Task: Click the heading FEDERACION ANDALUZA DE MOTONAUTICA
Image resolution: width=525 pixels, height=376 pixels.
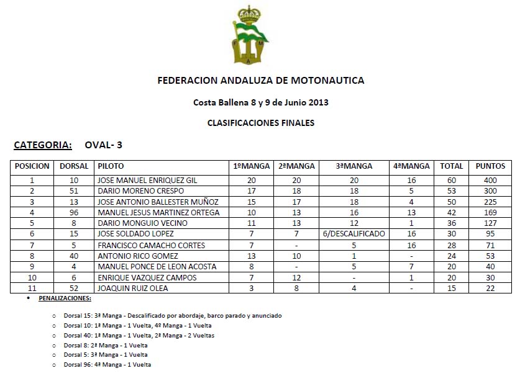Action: click(261, 81)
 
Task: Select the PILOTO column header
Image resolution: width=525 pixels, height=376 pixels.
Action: click(111, 166)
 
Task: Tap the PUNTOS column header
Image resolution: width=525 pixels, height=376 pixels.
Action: click(490, 166)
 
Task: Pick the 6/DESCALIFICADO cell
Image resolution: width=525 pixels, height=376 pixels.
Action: click(354, 234)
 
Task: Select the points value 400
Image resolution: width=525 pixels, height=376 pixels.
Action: click(490, 181)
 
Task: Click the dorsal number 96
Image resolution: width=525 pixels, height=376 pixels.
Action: click(74, 213)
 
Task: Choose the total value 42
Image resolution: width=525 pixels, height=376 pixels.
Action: click(452, 213)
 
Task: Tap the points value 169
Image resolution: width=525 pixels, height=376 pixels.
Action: click(490, 213)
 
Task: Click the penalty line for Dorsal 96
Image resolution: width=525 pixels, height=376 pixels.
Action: click(107, 365)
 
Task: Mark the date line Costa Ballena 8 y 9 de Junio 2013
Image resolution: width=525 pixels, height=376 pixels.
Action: click(261, 102)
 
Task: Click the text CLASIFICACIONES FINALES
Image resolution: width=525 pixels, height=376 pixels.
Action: click(261, 123)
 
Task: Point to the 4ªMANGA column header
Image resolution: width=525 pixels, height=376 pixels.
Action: click(411, 166)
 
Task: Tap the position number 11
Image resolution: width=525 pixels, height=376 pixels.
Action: click(32, 288)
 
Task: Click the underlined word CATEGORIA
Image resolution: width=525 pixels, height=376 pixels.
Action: click(43, 145)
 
